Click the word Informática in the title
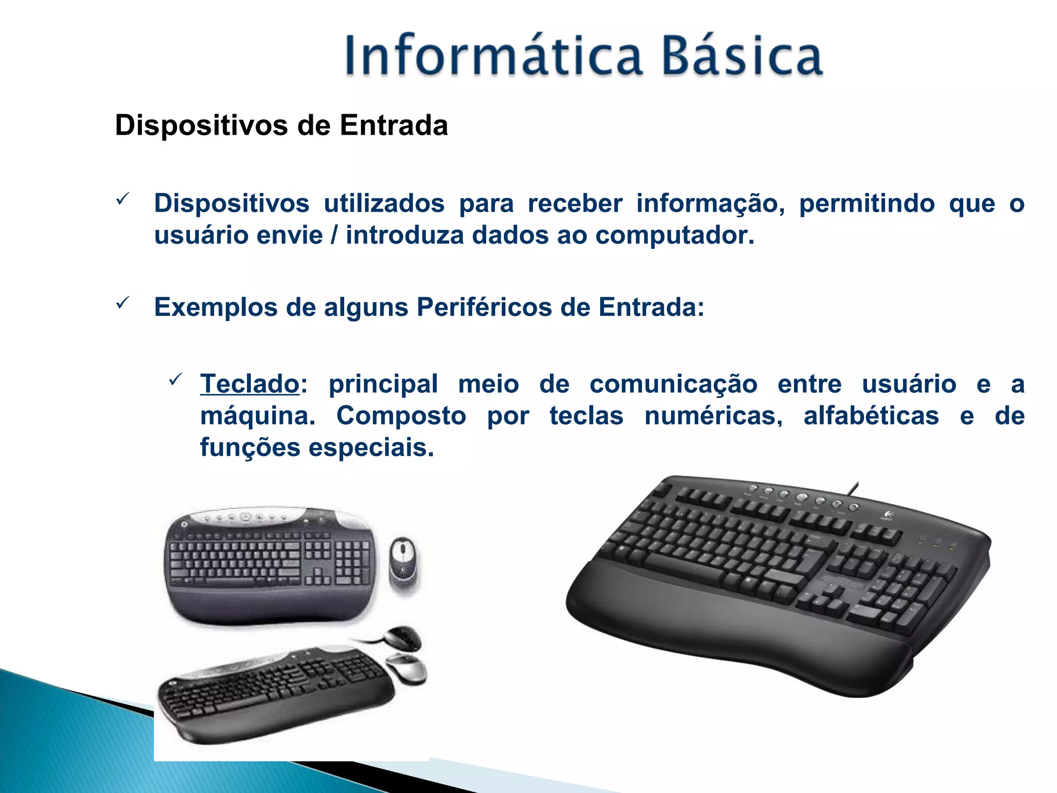pos(493,56)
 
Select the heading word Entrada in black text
pos(393,125)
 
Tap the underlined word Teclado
pos(250,384)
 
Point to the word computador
pos(675,235)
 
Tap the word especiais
pos(371,448)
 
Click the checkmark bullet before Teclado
pos(175,380)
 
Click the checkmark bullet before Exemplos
pos(122,304)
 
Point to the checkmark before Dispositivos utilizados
pos(122,199)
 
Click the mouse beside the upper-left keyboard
pos(403,564)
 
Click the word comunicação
pos(673,384)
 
